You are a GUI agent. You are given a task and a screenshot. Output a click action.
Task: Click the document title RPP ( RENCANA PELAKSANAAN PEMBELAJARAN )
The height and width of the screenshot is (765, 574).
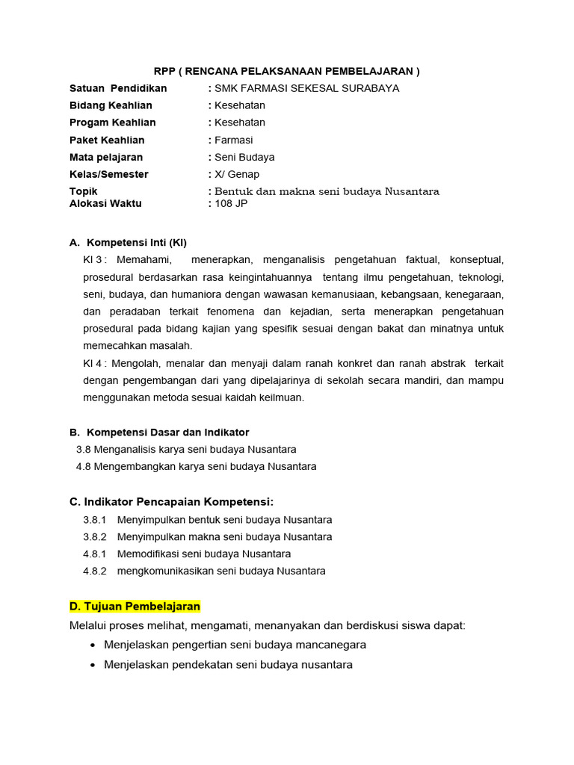(x=287, y=71)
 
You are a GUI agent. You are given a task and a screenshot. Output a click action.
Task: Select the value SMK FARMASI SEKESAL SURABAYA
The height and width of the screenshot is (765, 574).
(x=306, y=88)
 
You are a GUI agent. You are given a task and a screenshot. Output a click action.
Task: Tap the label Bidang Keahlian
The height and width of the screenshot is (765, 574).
(x=111, y=105)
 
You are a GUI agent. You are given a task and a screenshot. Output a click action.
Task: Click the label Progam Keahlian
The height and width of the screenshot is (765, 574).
(x=113, y=123)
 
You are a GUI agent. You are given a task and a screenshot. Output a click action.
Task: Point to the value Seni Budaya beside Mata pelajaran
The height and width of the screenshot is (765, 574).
(x=244, y=157)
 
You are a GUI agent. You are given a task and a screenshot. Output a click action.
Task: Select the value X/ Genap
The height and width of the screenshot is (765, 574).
(x=237, y=174)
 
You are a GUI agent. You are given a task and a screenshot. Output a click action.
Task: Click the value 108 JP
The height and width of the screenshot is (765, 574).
(x=231, y=203)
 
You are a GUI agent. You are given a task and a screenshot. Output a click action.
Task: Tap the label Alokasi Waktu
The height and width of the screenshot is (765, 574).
(x=105, y=203)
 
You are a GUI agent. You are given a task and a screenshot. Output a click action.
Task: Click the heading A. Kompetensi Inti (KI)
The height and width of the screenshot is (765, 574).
(x=128, y=243)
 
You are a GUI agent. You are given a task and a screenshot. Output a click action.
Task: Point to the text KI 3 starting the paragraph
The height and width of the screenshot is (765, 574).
(x=93, y=260)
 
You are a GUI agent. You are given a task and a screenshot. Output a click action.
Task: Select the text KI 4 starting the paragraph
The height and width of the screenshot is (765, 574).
(x=93, y=363)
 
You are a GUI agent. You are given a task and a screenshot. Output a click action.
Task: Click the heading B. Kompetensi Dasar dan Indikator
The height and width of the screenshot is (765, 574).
(x=159, y=433)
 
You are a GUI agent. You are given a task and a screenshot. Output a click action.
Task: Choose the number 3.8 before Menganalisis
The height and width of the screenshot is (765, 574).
(x=83, y=450)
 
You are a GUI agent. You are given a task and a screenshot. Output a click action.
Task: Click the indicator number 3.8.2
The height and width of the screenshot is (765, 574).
(x=95, y=537)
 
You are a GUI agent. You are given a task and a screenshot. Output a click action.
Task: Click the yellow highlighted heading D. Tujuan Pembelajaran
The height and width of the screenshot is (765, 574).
(x=135, y=606)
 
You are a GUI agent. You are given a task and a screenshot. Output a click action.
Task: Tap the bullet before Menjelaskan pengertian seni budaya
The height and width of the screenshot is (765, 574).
(x=92, y=645)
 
